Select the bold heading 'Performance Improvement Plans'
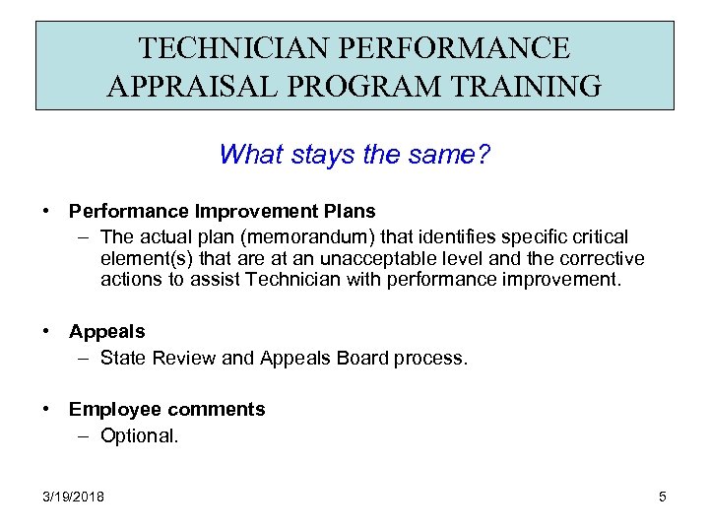tap(222, 211)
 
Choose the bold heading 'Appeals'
tap(106, 331)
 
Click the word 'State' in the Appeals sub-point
tap(122, 358)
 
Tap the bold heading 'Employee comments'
tap(166, 409)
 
